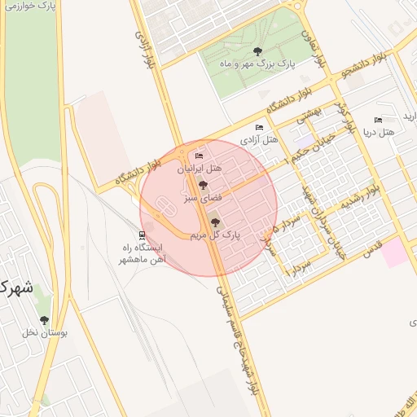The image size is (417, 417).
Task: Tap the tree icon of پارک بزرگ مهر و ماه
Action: coord(258,51)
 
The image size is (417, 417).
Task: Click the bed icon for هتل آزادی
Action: coord(260,128)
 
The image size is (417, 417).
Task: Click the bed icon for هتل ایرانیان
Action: coord(200,156)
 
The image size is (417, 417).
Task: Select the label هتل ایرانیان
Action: coord(200,169)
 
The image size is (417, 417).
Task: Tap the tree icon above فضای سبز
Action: coord(203,186)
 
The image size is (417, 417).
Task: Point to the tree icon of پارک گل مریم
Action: coord(215,222)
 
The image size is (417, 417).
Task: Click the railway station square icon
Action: coord(143,235)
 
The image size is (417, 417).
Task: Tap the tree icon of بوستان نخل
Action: coord(44,321)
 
